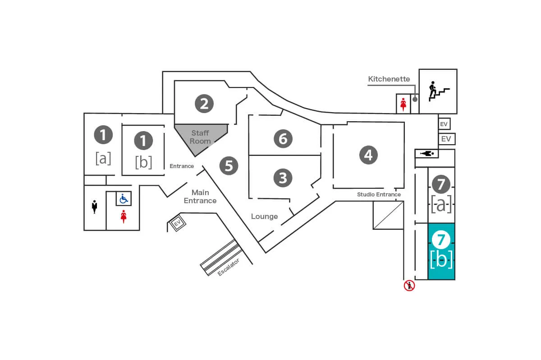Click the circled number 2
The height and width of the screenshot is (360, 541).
tap(204, 104)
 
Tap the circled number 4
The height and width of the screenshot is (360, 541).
tap(368, 155)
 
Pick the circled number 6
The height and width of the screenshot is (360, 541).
tap(283, 138)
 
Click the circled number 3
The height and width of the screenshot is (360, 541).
tap(283, 178)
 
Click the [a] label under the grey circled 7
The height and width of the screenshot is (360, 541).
tap(441, 205)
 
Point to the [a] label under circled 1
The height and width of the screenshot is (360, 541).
tap(103, 158)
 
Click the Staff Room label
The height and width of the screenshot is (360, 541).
tap(200, 137)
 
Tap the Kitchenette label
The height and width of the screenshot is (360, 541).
tap(389, 79)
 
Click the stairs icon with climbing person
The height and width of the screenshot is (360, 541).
tap(438, 91)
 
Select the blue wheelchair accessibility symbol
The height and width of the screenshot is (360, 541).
tap(124, 198)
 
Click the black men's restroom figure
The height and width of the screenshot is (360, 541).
tap(95, 207)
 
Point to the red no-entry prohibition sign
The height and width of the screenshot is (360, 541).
tap(409, 285)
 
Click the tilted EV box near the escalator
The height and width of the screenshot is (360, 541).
tap(177, 223)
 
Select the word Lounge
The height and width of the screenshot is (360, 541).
tap(264, 217)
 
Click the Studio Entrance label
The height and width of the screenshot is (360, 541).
tap(379, 195)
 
